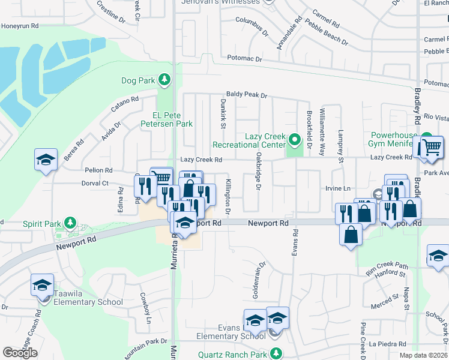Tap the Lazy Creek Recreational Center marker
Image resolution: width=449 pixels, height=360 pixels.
[x=294, y=140]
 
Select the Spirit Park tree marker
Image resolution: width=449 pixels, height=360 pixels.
[x=70, y=224]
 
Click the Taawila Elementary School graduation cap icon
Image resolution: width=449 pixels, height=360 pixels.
[x=43, y=284]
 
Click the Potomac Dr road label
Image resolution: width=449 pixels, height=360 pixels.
[x=245, y=59]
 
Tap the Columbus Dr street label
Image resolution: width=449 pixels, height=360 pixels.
[x=251, y=23]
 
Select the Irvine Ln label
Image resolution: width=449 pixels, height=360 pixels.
[x=338, y=188]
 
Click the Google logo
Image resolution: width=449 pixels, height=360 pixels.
[x=20, y=352]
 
